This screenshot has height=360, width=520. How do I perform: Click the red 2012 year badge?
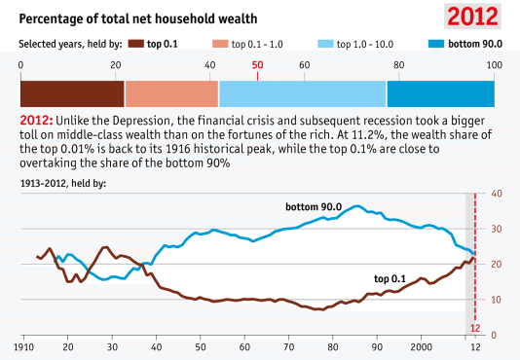(x=473, y=17)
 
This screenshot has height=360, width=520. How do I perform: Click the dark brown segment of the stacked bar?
(x=73, y=93)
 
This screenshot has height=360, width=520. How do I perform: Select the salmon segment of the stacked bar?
(x=171, y=93)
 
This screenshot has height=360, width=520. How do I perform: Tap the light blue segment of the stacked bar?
(x=303, y=93)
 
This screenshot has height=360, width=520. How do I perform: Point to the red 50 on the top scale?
(x=257, y=64)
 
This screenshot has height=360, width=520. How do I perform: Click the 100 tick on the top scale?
(x=494, y=64)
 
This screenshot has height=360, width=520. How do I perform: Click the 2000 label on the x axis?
(x=421, y=345)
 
